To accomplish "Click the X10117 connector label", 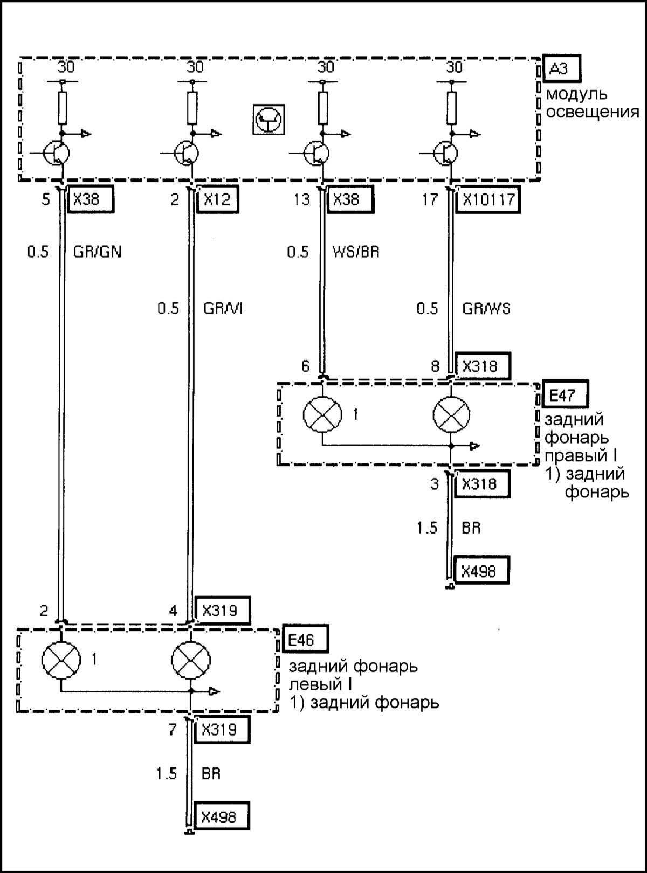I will (x=488, y=200).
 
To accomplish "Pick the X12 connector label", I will (x=218, y=200).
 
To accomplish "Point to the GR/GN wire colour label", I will (x=97, y=252).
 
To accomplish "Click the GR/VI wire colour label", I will (x=223, y=309).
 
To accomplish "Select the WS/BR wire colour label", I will (x=356, y=252).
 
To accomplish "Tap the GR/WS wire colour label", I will (x=486, y=309).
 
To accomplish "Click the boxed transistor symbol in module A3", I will (x=268, y=119).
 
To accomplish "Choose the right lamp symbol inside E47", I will (x=451, y=415).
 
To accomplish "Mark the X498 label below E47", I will (x=478, y=571).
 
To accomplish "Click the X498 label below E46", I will (x=219, y=817).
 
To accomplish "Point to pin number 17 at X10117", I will (x=430, y=200).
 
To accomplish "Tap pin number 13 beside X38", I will (x=301, y=200).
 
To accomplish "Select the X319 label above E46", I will (x=219, y=611).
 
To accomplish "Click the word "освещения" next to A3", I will (x=592, y=113).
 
